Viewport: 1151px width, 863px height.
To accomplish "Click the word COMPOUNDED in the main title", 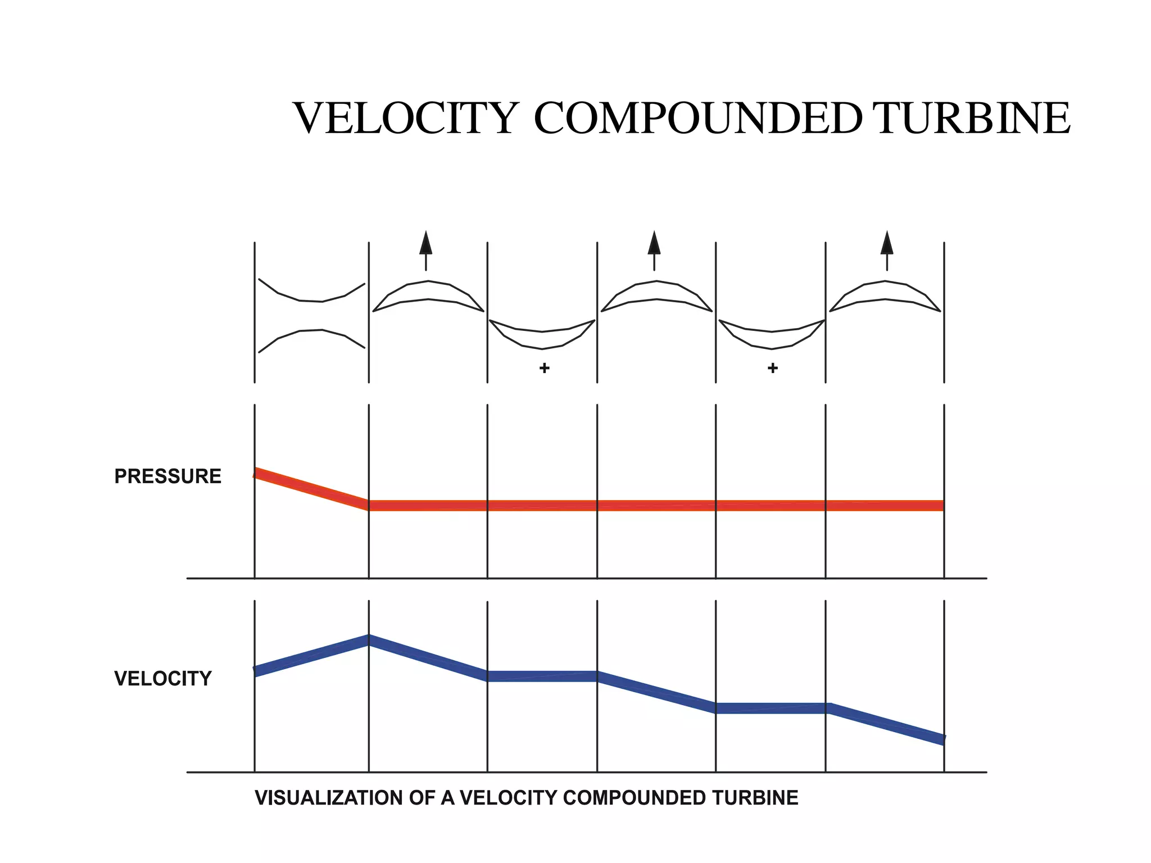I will tap(697, 119).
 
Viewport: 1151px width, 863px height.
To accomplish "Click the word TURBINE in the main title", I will tap(972, 119).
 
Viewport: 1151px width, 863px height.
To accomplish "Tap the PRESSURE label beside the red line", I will tap(167, 476).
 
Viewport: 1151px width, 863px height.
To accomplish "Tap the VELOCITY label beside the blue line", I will tap(163, 679).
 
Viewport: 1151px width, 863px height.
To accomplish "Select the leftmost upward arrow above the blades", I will tap(426, 250).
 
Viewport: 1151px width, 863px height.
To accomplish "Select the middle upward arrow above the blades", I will tap(654, 250).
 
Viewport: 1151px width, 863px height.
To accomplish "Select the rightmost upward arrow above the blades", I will tap(887, 250).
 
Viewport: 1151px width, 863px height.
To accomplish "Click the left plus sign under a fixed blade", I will tap(544, 368).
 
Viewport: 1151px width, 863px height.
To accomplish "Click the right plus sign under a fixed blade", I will tap(773, 368).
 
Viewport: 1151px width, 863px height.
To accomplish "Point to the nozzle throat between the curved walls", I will tap(311, 316).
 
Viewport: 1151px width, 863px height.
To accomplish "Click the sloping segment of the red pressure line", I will tap(311, 489).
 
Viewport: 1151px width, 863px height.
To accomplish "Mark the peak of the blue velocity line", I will tap(369, 641).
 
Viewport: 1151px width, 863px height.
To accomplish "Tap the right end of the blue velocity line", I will tap(942, 739).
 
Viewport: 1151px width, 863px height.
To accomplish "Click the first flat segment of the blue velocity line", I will tap(542, 676).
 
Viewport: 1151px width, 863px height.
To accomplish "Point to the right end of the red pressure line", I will tap(941, 506).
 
